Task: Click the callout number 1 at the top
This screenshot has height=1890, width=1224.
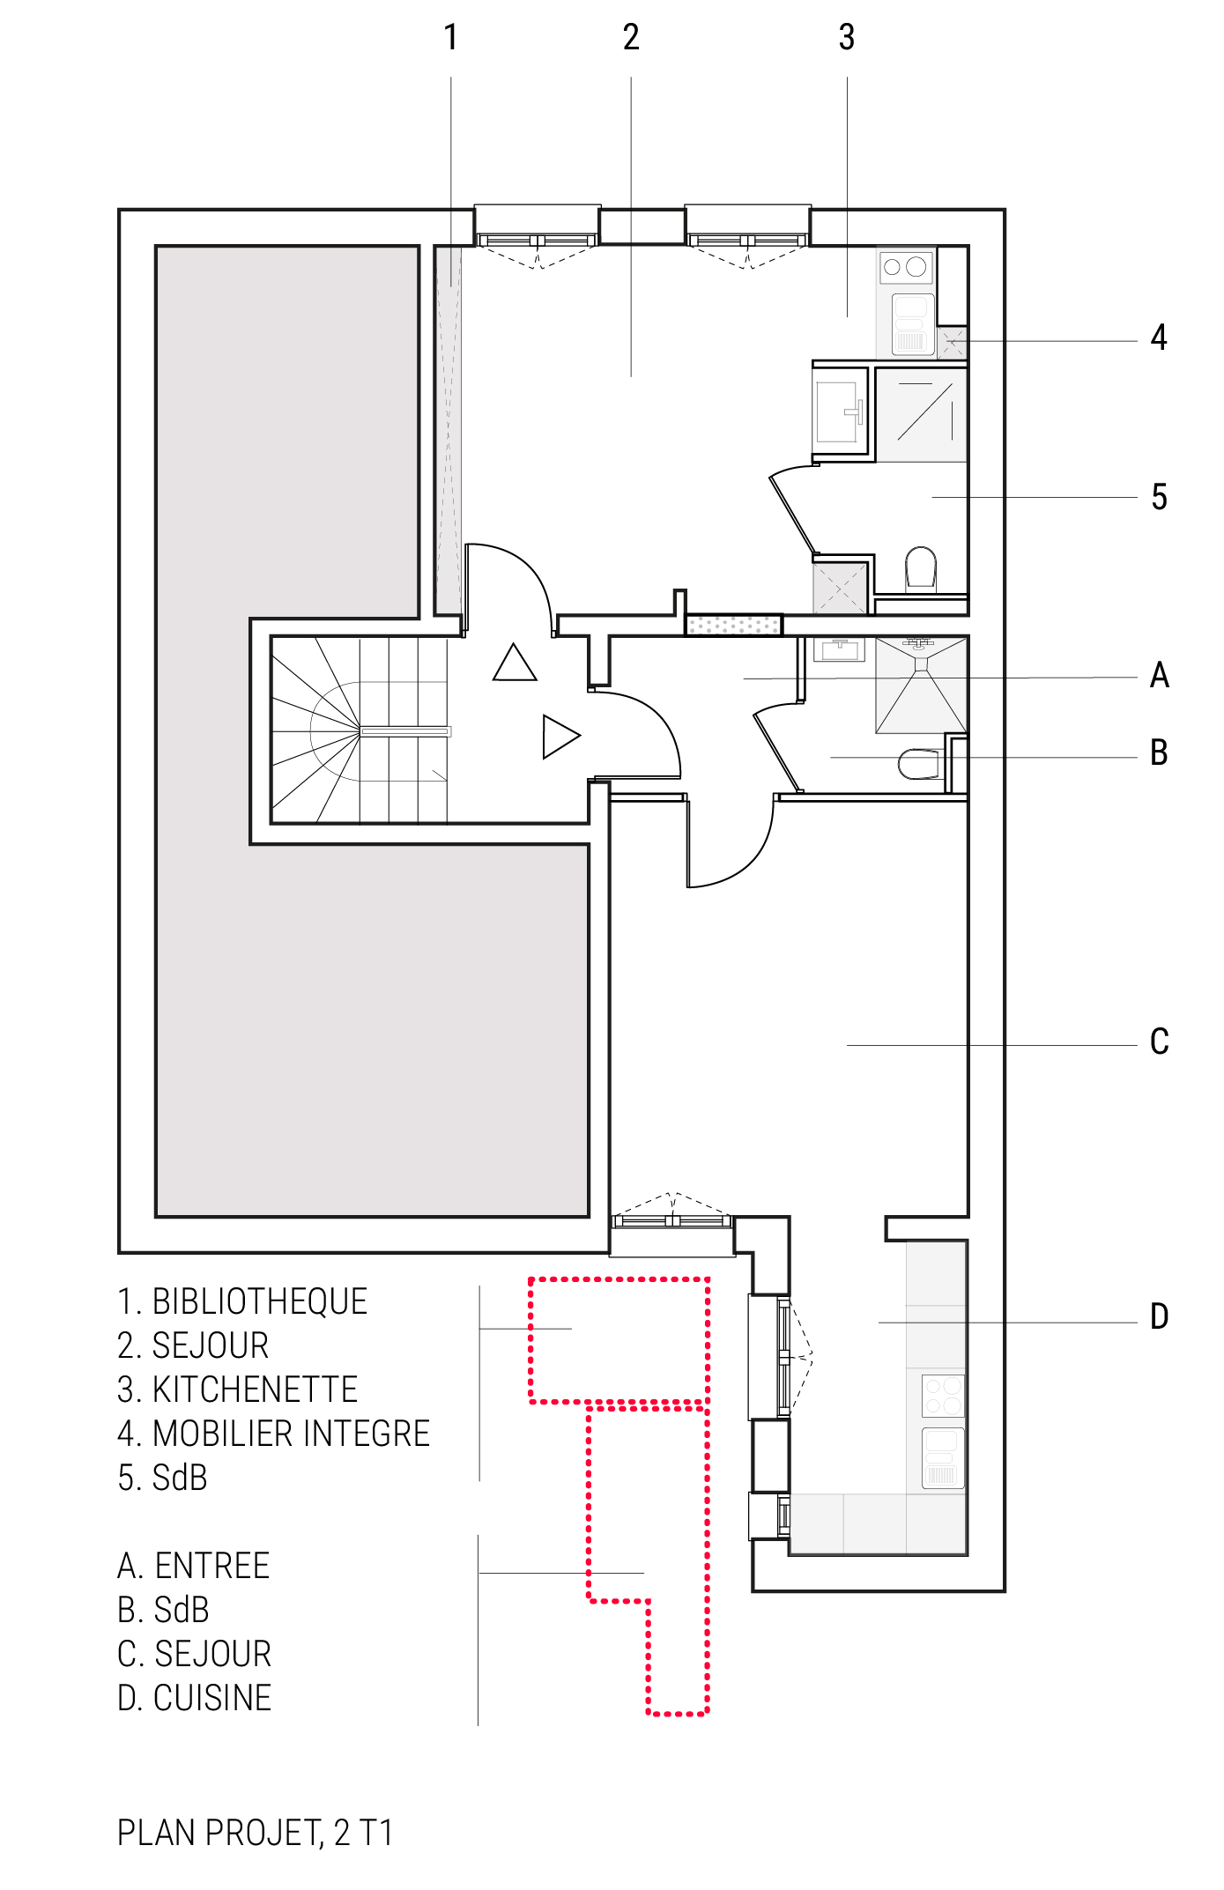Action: [450, 37]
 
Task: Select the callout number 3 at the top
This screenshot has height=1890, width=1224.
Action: [846, 37]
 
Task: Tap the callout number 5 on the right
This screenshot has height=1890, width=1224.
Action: [1159, 497]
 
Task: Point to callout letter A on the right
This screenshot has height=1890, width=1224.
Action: [1160, 676]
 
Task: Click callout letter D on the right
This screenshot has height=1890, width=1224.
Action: [1160, 1316]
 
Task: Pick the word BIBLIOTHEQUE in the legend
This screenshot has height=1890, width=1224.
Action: [260, 1301]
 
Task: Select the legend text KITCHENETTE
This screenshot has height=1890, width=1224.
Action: [256, 1390]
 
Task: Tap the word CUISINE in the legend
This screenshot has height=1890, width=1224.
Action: [212, 1698]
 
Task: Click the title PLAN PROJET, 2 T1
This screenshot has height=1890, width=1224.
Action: [256, 1833]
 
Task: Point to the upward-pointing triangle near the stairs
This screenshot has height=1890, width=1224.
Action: [515, 663]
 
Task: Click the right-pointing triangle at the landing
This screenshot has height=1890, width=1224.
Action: [561, 736]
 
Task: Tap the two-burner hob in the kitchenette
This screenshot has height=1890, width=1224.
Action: [905, 266]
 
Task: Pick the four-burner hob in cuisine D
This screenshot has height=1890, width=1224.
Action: [943, 1395]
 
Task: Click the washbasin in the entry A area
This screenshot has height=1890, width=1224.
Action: [839, 649]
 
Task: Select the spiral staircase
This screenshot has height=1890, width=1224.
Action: [360, 730]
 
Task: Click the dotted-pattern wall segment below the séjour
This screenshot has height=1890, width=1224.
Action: [733, 625]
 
